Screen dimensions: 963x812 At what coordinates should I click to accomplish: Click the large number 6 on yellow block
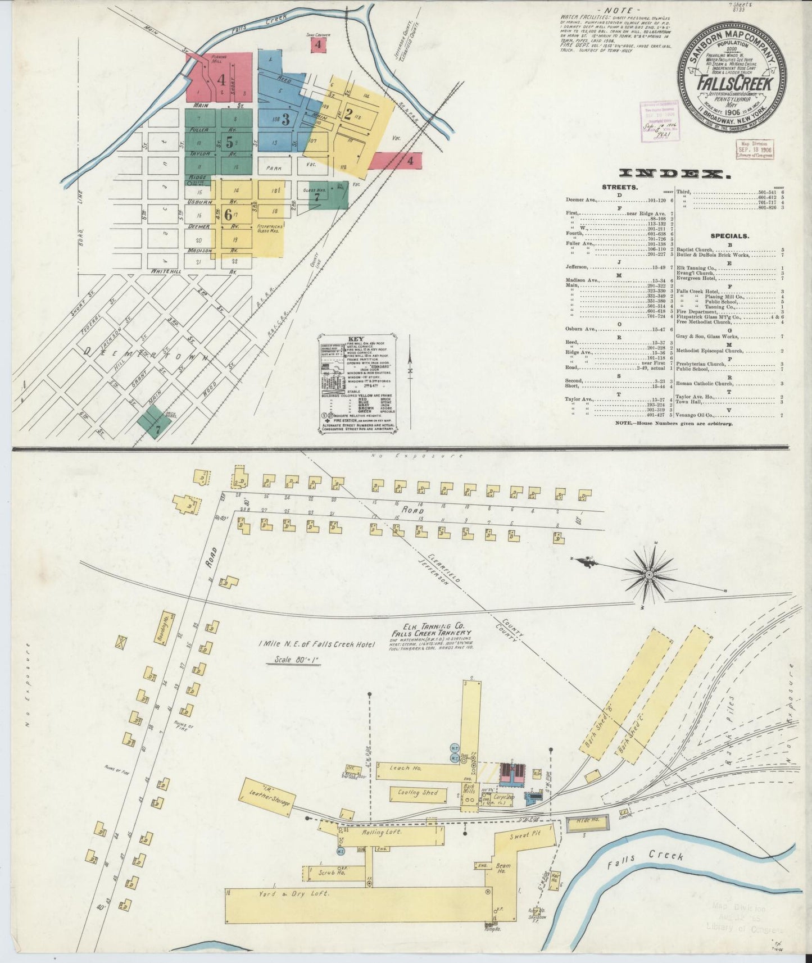tap(228, 214)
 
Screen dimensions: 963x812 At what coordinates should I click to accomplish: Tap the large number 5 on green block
tap(229, 143)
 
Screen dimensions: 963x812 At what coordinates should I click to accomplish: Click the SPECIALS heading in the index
tap(729, 236)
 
